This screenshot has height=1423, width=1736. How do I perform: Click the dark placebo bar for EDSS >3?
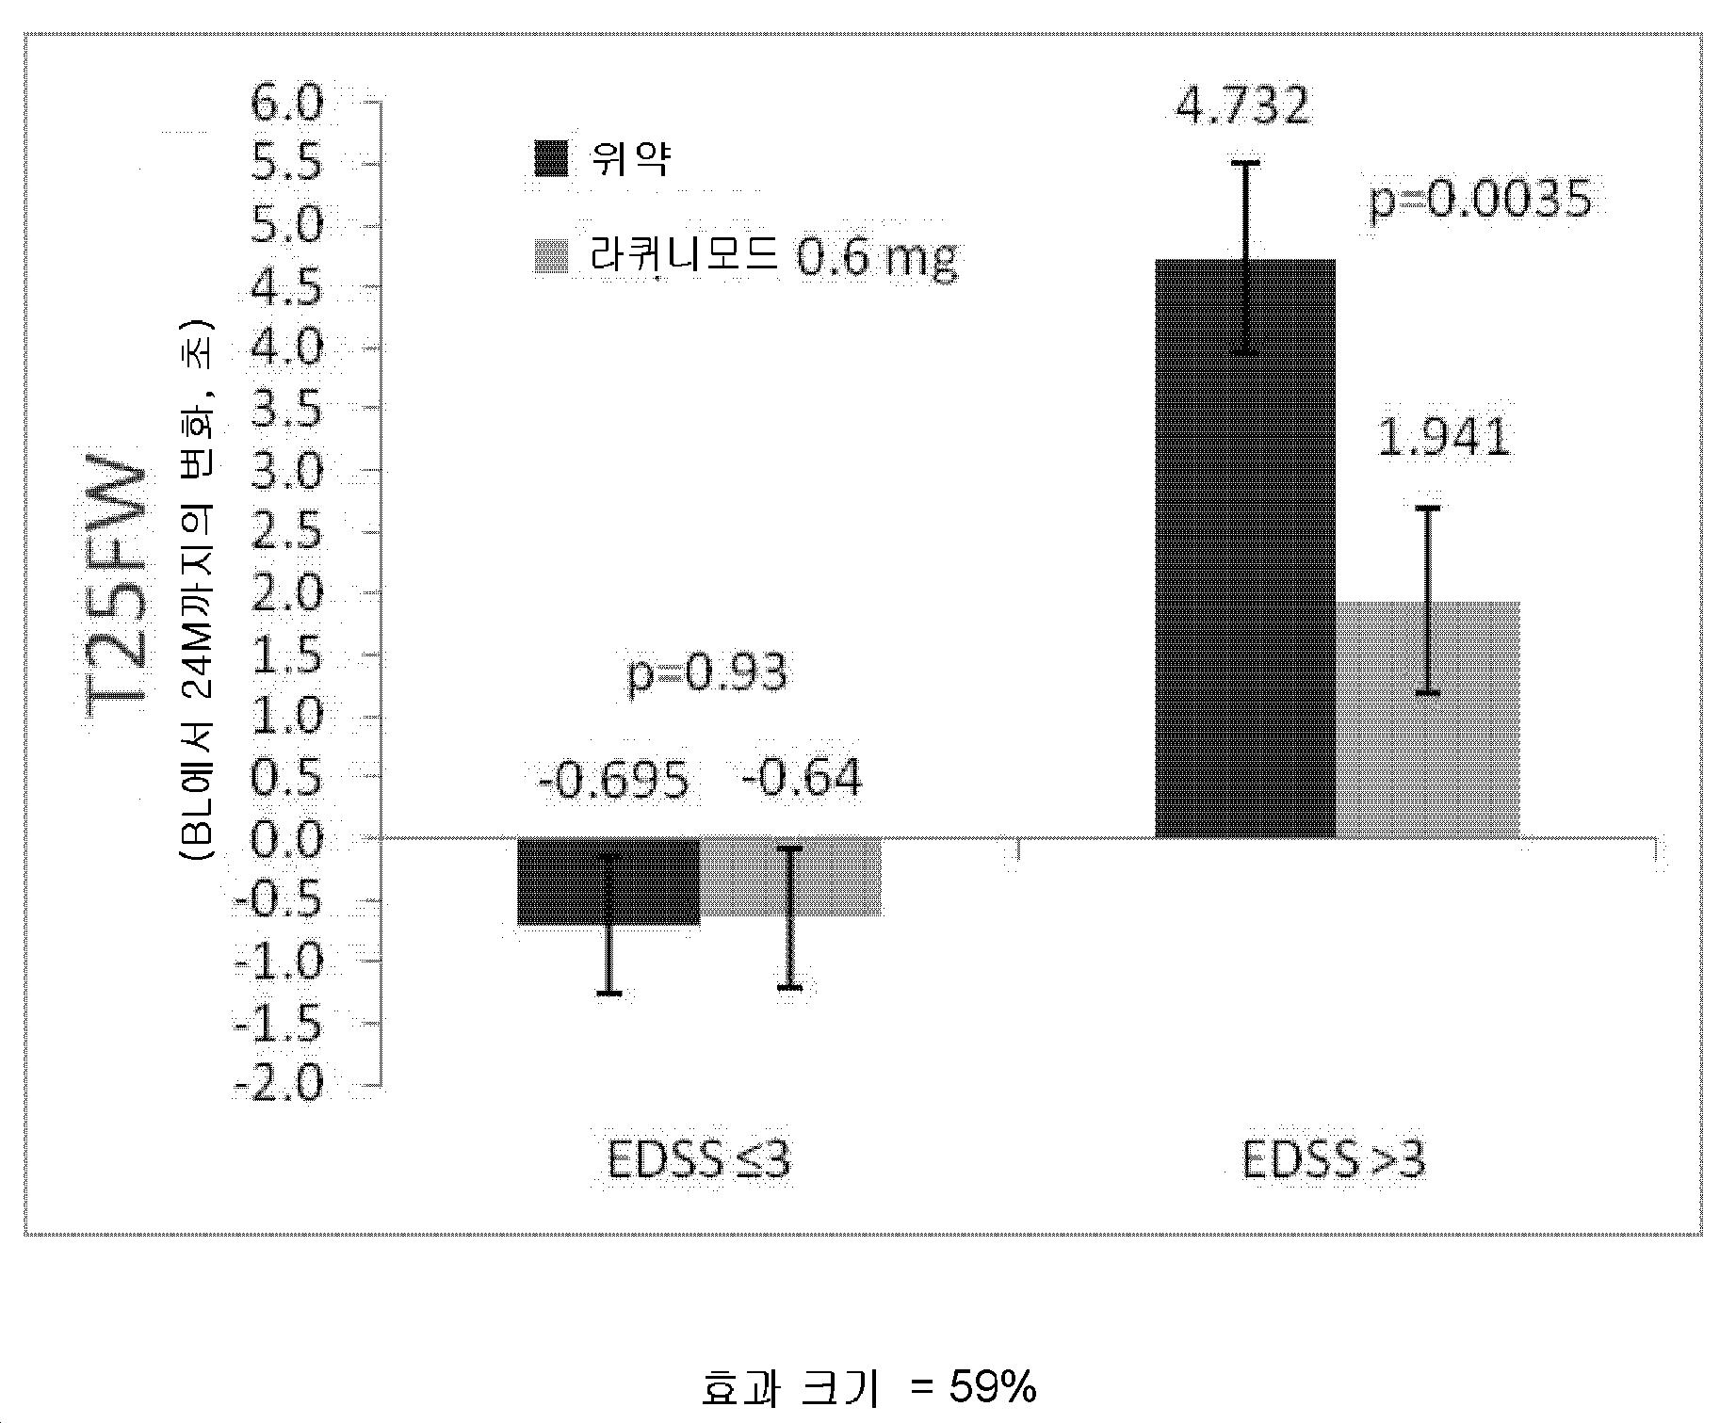coord(1245,548)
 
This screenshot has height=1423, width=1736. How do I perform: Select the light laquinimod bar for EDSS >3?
coord(1428,719)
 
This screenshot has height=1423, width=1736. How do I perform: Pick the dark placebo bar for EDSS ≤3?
coord(608,881)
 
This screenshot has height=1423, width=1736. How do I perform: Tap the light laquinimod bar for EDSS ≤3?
coord(791,877)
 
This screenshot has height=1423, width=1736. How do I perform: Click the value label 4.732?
coord(1242,106)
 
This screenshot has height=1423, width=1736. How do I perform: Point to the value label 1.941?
coord(1444,438)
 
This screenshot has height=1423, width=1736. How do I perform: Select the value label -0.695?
coord(613,780)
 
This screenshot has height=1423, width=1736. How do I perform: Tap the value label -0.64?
coord(802,779)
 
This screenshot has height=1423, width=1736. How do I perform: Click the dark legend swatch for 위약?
coord(551,158)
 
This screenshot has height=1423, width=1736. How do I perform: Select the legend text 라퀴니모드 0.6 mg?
coord(773,257)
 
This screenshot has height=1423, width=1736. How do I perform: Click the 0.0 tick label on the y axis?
coord(286,838)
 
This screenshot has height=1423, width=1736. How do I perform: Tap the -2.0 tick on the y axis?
coord(278,1084)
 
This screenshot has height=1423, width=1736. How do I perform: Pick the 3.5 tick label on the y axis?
coord(286,409)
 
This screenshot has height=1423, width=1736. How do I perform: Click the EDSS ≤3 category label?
coord(699,1160)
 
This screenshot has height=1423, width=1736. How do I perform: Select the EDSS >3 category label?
coord(1334,1160)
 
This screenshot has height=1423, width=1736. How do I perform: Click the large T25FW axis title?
coord(119,590)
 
